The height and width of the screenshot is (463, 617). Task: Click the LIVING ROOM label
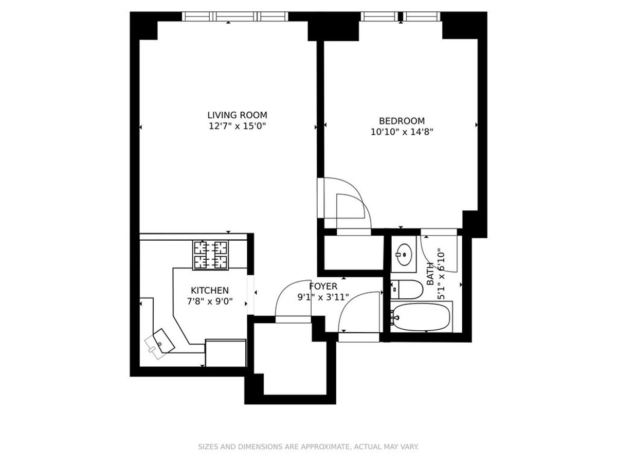[237, 115]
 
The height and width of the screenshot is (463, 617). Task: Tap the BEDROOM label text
[402, 121]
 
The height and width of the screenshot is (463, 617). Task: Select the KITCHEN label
[210, 290]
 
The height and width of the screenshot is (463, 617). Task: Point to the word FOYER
[323, 287]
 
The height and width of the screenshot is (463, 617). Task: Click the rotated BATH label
[430, 274]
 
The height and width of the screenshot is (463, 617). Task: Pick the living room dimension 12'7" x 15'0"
[237, 126]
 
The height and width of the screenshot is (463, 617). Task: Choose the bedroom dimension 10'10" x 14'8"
[402, 132]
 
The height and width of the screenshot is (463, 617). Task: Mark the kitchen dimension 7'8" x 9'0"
[210, 301]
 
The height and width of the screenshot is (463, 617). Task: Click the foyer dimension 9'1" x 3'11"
[323, 297]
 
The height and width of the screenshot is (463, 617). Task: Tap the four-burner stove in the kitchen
[210, 255]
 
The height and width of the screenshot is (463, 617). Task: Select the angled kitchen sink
[164, 341]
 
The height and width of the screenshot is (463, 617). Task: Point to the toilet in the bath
[407, 289]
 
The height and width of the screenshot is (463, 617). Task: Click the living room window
[235, 16]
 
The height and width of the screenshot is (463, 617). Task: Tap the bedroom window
[401, 16]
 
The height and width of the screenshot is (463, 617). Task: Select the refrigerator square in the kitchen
[226, 353]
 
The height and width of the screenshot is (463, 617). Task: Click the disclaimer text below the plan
[308, 447]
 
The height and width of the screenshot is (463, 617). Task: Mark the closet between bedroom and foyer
[354, 253]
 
